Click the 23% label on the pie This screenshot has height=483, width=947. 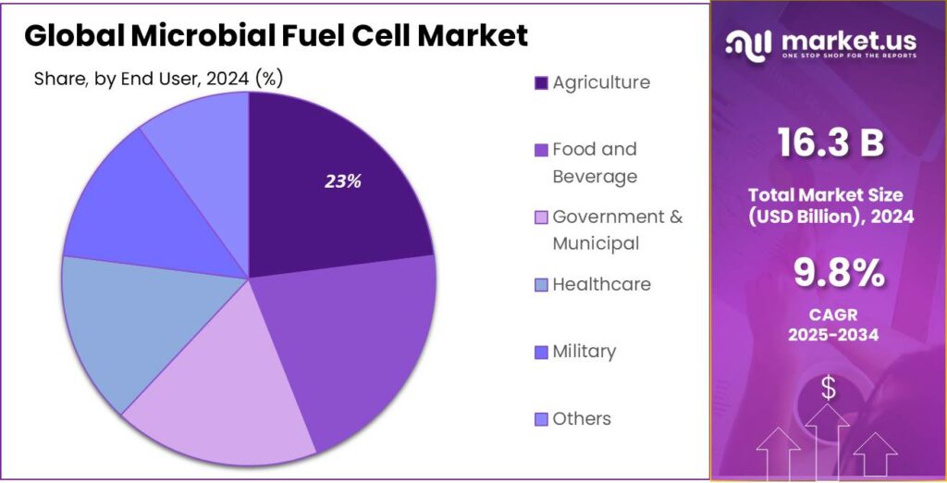click(342, 182)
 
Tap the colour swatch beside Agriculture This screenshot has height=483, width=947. click(541, 83)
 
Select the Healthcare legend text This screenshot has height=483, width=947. click(601, 284)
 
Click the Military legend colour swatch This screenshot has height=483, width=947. click(541, 353)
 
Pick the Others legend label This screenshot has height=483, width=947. click(582, 419)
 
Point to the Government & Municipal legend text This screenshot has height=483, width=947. click(617, 229)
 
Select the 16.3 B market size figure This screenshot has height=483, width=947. click(830, 143)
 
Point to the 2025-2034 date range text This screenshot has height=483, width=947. click(830, 334)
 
